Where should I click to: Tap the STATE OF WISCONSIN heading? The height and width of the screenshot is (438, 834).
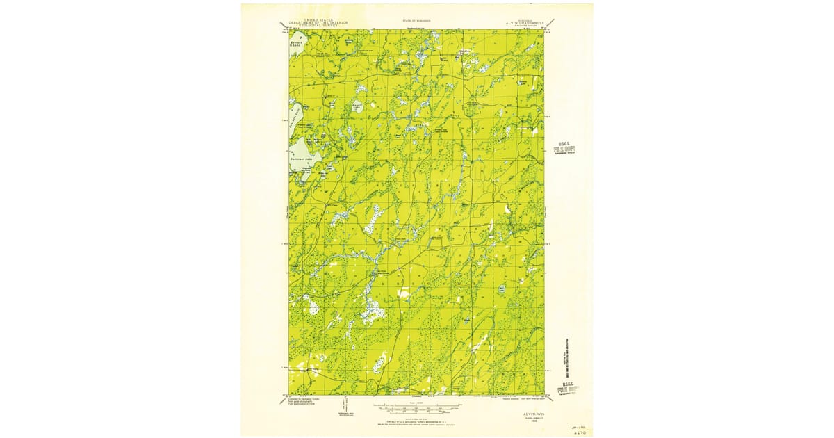[x=416, y=21]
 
